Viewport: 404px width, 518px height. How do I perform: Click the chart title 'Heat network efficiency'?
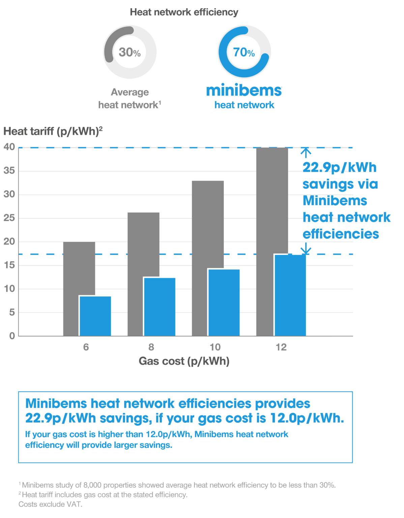(x=184, y=12)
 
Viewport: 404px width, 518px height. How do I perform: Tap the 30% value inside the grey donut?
(x=129, y=52)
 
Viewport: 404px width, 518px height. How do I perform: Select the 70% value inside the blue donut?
(x=244, y=52)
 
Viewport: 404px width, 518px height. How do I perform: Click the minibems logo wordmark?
(x=244, y=90)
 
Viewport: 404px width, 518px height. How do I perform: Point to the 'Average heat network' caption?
(x=130, y=98)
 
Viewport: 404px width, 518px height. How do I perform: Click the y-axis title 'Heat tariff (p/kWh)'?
(x=53, y=131)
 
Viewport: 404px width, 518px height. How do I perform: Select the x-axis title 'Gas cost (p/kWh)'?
(x=184, y=361)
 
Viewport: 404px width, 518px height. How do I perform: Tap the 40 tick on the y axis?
(x=9, y=147)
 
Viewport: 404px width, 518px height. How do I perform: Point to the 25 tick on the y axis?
(x=9, y=218)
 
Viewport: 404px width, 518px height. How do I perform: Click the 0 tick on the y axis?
(x=12, y=336)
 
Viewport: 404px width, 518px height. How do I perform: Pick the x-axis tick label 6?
(x=86, y=347)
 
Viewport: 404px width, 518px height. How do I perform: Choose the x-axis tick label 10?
(x=215, y=347)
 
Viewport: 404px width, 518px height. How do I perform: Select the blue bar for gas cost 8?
(x=160, y=307)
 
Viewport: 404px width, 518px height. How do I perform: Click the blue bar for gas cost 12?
(x=290, y=295)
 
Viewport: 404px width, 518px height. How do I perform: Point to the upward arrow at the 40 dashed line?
(x=306, y=153)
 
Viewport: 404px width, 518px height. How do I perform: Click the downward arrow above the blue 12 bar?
(x=306, y=249)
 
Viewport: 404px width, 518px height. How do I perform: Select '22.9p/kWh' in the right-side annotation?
(x=339, y=168)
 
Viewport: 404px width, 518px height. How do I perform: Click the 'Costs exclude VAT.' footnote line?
(x=50, y=504)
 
